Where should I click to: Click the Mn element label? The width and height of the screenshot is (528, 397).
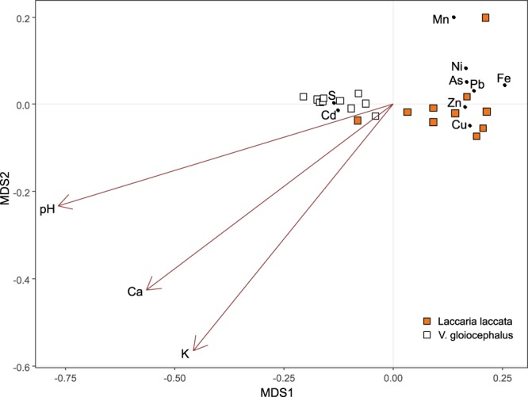click(x=440, y=19)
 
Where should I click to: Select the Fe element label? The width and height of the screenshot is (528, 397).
click(x=503, y=78)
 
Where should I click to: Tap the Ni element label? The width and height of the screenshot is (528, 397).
click(x=457, y=67)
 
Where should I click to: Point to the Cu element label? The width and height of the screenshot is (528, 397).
click(x=458, y=124)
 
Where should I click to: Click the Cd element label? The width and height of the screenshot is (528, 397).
click(x=328, y=115)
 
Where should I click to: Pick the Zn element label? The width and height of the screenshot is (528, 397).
click(x=453, y=103)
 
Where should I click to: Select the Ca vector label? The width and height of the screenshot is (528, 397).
click(x=135, y=292)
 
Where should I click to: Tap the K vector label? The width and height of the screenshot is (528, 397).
click(x=185, y=353)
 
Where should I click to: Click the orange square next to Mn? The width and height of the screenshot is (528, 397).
click(x=485, y=17)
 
